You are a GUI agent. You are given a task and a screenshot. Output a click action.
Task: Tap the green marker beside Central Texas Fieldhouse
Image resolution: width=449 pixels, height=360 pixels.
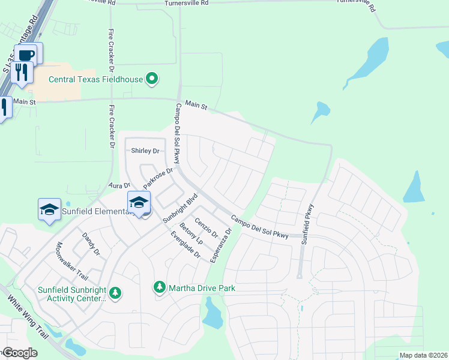(x=152, y=78)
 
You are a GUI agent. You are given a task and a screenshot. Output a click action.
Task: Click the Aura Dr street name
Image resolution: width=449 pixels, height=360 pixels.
(x=119, y=186)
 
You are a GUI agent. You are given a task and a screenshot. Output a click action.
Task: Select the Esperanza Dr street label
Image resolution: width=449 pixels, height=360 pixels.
(x=220, y=245)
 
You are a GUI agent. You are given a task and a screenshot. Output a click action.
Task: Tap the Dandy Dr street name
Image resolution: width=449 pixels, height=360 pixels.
(x=91, y=245)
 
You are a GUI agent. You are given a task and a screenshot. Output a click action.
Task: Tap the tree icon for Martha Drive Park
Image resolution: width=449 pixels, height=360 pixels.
(x=160, y=288)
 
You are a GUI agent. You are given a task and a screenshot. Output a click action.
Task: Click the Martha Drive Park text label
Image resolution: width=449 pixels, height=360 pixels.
(x=201, y=289)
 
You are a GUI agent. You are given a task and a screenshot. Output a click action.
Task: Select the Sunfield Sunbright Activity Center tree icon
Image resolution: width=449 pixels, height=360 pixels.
(x=115, y=293)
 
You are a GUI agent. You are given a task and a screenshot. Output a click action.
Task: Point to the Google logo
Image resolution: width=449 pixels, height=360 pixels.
(x=19, y=353)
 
